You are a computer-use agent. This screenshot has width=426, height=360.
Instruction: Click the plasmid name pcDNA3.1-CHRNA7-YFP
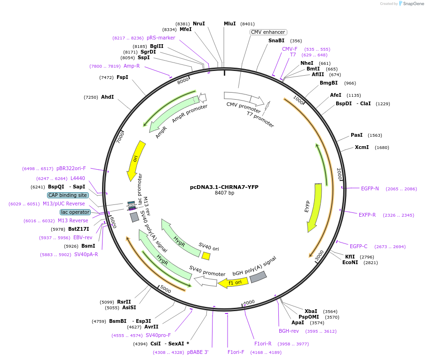(224, 187)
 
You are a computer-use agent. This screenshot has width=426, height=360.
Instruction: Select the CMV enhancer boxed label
(268, 32)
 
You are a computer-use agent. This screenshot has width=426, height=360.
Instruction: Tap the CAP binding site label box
(68, 195)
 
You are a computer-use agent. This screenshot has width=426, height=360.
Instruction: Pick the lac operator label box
(75, 212)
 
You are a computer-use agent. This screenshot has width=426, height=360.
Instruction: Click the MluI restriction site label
(229, 23)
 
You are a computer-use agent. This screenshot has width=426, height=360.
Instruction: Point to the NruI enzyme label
(199, 23)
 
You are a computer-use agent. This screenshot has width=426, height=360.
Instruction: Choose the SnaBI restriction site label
(276, 40)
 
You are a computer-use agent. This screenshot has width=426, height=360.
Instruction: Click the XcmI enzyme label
(362, 147)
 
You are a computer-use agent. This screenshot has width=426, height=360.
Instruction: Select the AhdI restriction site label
(108, 97)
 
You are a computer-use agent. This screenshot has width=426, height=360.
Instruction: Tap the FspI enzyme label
(122, 77)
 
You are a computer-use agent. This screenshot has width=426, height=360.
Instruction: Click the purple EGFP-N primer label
(370, 188)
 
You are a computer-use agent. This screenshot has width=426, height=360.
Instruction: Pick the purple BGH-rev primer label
(289, 331)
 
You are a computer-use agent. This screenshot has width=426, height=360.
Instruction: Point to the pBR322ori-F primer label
(71, 168)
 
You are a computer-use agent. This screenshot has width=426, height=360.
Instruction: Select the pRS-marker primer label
(161, 38)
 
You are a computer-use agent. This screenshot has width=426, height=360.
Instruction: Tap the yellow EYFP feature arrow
(314, 207)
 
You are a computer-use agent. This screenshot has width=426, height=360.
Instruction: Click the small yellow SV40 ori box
(205, 256)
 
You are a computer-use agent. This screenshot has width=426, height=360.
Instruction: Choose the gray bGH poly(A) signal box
(258, 277)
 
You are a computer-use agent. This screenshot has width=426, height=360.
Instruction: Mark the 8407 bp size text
(224, 193)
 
